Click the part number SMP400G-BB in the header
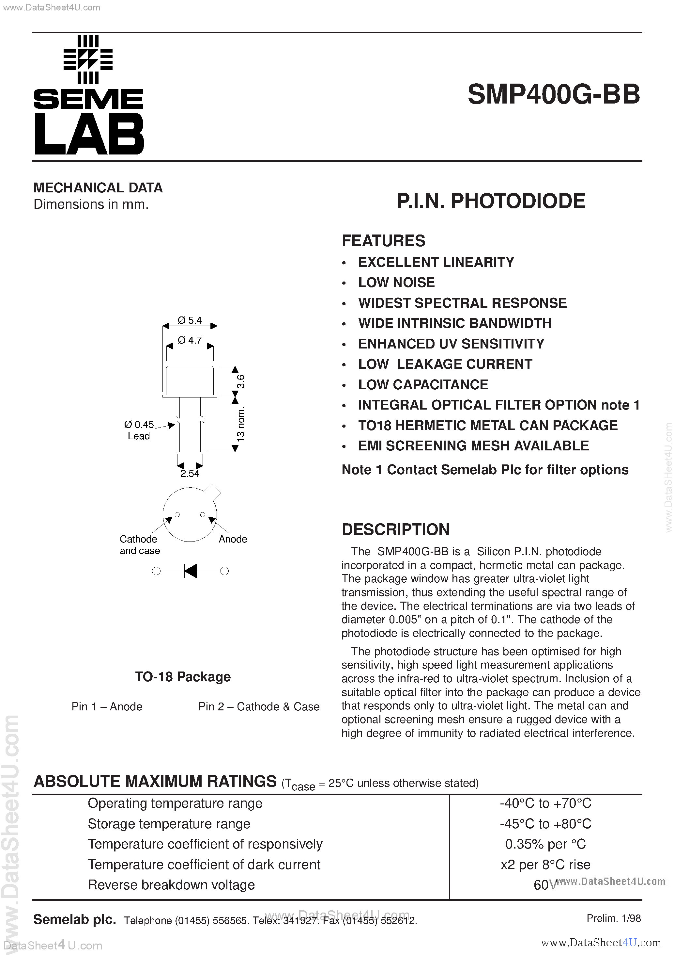pyautogui.click(x=554, y=95)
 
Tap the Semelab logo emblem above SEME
pyautogui.click(x=88, y=60)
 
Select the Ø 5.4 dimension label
pyautogui.click(x=190, y=320)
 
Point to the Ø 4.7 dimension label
pyautogui.click(x=190, y=340)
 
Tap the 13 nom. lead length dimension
pyautogui.click(x=240, y=424)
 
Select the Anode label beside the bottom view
pyautogui.click(x=233, y=539)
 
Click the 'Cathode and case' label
pyautogui.click(x=140, y=545)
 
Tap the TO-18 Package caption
pyautogui.click(x=183, y=677)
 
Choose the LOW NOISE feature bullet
pyautogui.click(x=396, y=283)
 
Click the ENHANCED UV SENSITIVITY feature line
pyautogui.click(x=451, y=344)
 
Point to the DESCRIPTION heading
pyautogui.click(x=396, y=529)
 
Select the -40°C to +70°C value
pyautogui.click(x=545, y=803)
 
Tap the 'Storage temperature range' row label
pyautogui.click(x=169, y=824)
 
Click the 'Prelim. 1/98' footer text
pyautogui.click(x=613, y=918)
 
